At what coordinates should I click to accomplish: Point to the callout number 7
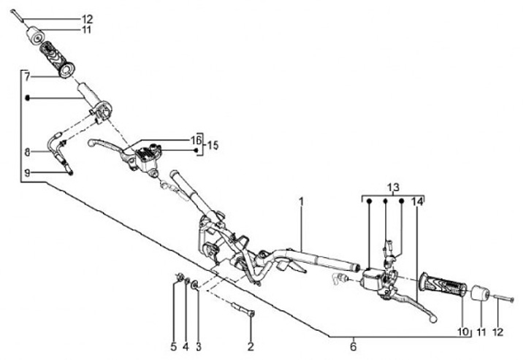tap(26, 75)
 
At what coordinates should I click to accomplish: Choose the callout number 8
tap(26, 153)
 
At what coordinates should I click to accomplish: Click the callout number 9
tap(26, 172)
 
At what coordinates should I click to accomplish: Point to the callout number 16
tap(195, 139)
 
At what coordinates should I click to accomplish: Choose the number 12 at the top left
tap(87, 18)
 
